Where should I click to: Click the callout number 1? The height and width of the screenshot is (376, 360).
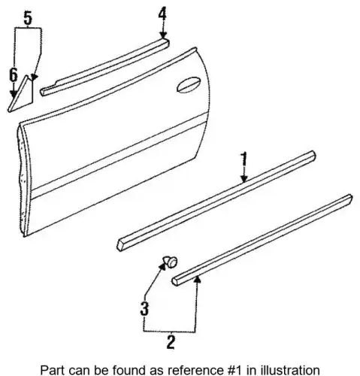click(244, 159)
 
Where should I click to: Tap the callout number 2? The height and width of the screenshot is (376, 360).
click(171, 341)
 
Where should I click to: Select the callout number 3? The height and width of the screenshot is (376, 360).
click(144, 308)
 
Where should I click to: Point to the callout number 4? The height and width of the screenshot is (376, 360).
click(162, 14)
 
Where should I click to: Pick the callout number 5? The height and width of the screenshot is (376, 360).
click(28, 18)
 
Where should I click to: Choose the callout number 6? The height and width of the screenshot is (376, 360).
click(14, 75)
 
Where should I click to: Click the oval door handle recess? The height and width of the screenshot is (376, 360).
click(189, 85)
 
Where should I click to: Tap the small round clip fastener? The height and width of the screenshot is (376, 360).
click(171, 262)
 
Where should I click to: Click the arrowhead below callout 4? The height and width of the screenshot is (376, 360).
click(163, 35)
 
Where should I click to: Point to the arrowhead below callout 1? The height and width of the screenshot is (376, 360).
click(244, 178)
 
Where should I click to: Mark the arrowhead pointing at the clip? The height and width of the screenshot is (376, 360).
click(163, 265)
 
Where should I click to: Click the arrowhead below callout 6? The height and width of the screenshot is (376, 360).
click(14, 94)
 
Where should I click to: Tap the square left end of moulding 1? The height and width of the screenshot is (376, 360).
click(121, 244)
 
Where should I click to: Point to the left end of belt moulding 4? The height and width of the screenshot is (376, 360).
click(44, 92)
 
